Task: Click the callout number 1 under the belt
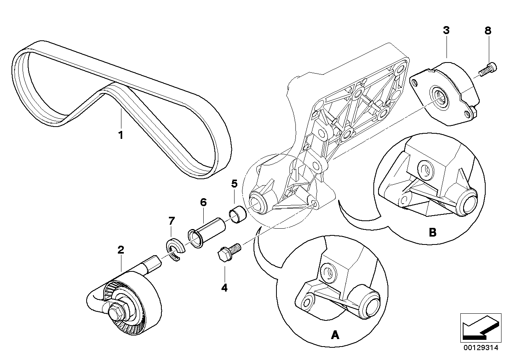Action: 121,135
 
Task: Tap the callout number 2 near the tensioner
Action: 121,250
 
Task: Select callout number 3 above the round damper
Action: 446,30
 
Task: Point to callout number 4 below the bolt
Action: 224,288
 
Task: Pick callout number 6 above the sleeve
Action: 203,202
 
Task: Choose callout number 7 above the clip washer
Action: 171,221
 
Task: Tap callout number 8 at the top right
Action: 488,30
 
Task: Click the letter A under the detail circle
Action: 335,335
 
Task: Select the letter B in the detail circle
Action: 432,232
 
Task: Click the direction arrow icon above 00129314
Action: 479,327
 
